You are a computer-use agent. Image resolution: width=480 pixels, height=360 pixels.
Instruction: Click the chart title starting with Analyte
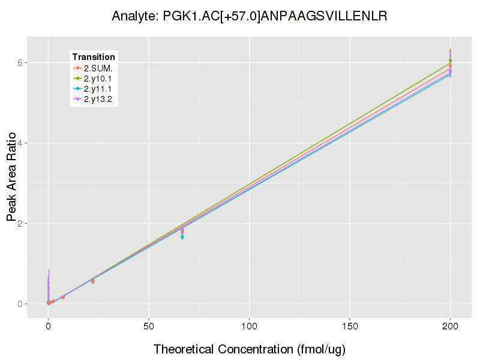tap(249, 16)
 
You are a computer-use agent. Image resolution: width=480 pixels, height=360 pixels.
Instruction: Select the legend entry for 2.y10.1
tap(98, 78)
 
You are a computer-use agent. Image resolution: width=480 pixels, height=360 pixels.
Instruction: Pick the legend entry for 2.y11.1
tap(98, 88)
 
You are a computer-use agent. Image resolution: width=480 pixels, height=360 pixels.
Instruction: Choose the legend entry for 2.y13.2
tap(98, 98)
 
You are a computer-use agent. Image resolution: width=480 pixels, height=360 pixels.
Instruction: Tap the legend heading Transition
tap(94, 57)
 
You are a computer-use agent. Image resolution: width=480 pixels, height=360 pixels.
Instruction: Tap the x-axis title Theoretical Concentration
tap(250, 349)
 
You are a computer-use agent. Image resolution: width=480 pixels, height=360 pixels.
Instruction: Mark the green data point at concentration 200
tap(450, 61)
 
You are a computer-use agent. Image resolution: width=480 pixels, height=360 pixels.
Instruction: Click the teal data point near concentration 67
tap(182, 237)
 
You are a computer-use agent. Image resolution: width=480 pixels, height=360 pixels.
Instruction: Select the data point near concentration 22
tap(92, 281)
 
